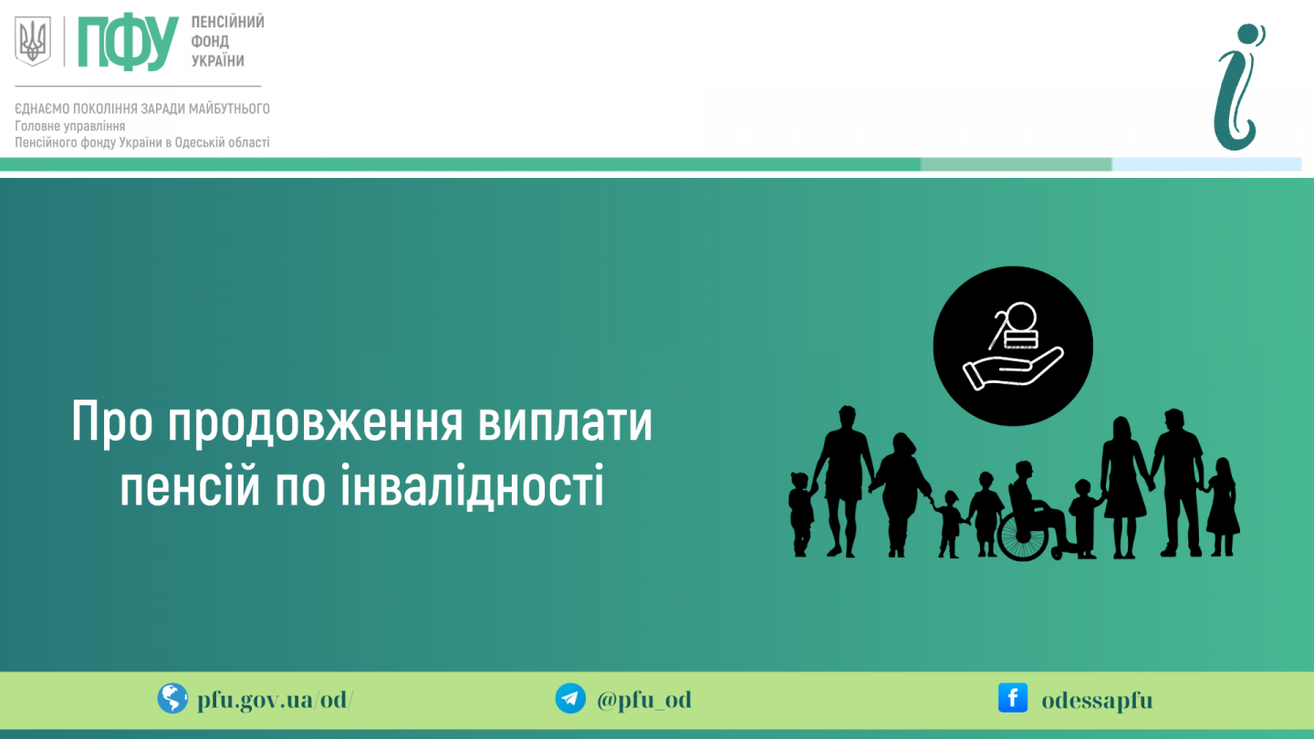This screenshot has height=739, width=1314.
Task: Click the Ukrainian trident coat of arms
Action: pos(33,40)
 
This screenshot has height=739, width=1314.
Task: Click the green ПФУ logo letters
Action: pos(128,42)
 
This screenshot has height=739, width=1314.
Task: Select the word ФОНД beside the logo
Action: pos(210,42)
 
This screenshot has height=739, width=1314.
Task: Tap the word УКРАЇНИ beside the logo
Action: pos(217,61)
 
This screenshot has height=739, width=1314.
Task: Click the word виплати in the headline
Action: pos(565,422)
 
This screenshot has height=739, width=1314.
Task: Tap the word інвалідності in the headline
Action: pos(473,485)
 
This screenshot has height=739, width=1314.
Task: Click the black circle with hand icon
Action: pos(1013,346)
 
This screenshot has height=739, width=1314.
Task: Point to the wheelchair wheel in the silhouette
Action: pos(1022,535)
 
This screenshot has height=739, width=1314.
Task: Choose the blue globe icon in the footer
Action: pos(172,699)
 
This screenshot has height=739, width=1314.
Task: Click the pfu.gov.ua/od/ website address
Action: pos(276,700)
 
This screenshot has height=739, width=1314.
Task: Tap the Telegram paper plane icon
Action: pos(570,699)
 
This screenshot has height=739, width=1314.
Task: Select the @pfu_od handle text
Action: pos(644,700)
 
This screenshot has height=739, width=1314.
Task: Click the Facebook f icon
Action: pos(1013,698)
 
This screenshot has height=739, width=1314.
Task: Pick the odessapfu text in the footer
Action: pos(1097,701)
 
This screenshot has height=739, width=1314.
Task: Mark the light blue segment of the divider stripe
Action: pos(1206,164)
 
